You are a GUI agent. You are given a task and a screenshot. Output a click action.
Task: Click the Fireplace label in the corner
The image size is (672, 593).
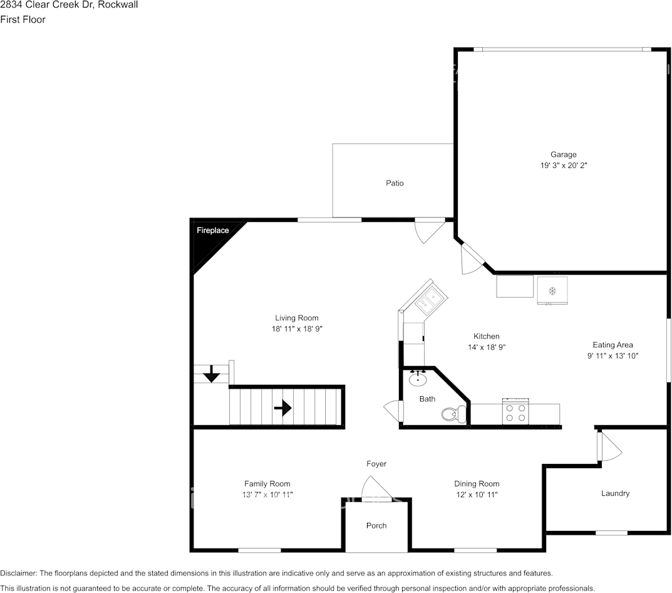tap(213, 231)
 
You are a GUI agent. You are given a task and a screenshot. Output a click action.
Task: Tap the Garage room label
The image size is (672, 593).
tap(563, 155)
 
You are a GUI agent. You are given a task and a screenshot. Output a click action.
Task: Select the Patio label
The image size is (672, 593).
tap(395, 183)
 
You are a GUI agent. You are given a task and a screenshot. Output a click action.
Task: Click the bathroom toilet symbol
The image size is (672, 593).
tap(453, 413)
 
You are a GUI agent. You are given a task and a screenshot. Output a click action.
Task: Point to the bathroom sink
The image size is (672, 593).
tap(418, 379)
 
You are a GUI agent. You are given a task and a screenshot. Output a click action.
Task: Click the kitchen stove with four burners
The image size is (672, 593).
tap(516, 411)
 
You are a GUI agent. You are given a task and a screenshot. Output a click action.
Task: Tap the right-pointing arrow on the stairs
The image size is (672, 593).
tap(283, 408)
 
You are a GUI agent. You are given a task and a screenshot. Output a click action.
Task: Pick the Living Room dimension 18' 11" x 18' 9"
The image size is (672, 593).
tap(297, 328)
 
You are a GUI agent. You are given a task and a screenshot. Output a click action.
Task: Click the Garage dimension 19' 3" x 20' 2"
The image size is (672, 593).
tap(563, 165)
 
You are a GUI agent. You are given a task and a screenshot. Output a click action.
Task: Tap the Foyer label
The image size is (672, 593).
tap(376, 464)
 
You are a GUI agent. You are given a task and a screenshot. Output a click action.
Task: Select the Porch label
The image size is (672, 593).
tap(376, 525)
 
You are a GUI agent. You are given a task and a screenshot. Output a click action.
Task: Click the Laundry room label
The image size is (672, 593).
tap(615, 493)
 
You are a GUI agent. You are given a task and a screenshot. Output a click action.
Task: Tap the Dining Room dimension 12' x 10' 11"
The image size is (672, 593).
tap(477, 495)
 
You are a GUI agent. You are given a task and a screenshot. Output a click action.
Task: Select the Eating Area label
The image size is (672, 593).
tap(613, 345)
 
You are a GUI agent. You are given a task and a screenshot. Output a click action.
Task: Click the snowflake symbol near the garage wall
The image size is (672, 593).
tap(552, 290)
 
